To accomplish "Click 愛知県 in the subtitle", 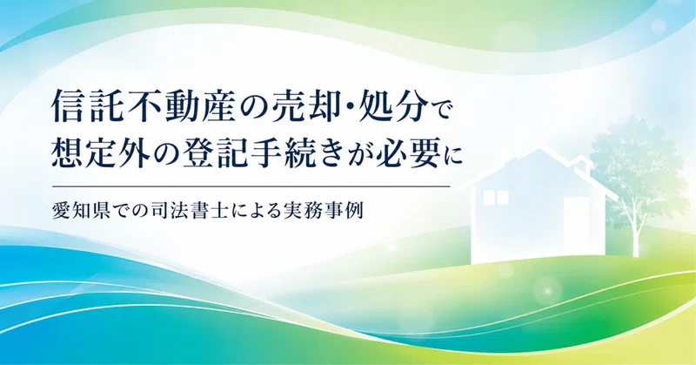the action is (x=82, y=210).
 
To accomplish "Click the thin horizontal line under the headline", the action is (x=251, y=186).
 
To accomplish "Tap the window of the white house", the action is (x=495, y=198).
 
